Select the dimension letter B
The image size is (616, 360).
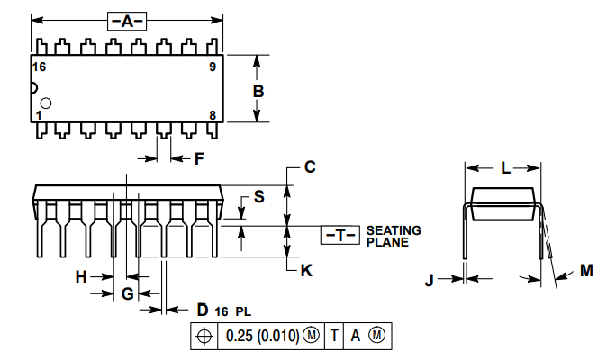point(258,91)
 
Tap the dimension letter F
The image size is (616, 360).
point(200,158)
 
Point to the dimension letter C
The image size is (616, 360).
point(309,166)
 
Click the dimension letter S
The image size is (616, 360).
point(258,196)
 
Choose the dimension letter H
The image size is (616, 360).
point(81,277)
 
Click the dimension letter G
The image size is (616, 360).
point(127,293)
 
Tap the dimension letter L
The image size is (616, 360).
point(505,167)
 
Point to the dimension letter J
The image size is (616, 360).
point(430,280)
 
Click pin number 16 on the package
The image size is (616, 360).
point(39,67)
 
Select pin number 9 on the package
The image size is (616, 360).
point(213,67)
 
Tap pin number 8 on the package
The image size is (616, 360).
point(213,114)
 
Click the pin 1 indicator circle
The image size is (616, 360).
point(46,103)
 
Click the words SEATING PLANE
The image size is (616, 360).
point(394,236)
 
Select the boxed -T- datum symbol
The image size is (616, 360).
point(340,236)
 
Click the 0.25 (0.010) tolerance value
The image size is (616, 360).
point(264,336)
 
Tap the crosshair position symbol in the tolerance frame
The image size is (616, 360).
point(204,336)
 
